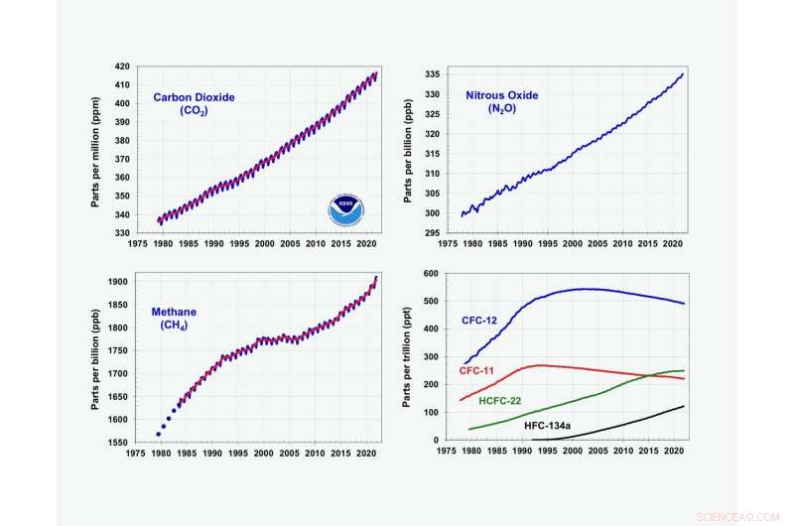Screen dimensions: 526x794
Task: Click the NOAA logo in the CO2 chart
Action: click(345, 209)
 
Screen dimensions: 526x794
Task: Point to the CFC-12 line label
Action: click(482, 321)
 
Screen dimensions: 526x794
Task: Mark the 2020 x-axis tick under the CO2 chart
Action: click(365, 243)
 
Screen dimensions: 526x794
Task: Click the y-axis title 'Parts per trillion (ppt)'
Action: click(406, 356)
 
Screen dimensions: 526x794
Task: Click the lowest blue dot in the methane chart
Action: click(158, 434)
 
